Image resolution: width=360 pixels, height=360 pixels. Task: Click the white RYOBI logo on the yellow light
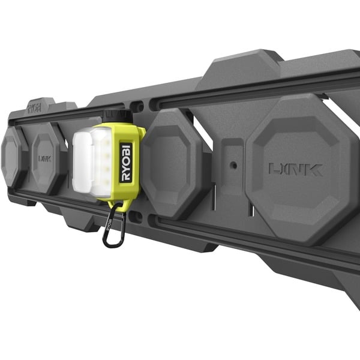click(x=125, y=163)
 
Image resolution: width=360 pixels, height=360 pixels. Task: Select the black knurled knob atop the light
click(x=118, y=116)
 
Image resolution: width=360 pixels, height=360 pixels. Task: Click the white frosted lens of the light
click(x=92, y=163)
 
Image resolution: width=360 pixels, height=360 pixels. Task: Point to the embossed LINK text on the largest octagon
click(x=296, y=169)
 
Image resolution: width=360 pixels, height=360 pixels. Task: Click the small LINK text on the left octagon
click(x=44, y=158)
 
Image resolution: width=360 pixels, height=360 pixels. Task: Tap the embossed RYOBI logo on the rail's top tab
click(x=34, y=107)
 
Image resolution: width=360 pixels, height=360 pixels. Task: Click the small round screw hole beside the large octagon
click(x=234, y=165)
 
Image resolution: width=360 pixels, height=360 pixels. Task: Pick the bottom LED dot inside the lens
click(x=106, y=183)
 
